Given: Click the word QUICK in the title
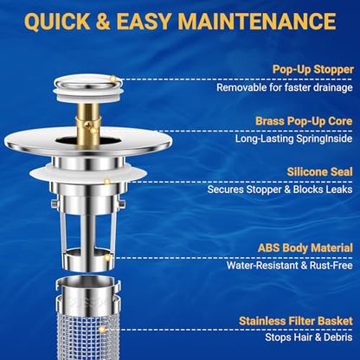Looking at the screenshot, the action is pyautogui.click(x=58, y=22).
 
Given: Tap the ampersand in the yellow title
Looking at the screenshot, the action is pyautogui.click(x=104, y=22).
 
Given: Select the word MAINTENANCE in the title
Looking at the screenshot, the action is pyautogui.click(x=257, y=22).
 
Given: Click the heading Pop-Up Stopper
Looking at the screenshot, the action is pyautogui.click(x=313, y=69).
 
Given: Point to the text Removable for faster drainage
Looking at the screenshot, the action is pyautogui.click(x=285, y=87).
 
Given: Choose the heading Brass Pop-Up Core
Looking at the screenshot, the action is pyautogui.click(x=304, y=121).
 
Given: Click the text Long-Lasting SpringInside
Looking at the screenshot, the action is pyautogui.click(x=293, y=138).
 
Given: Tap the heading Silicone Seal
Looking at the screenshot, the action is pyautogui.click(x=320, y=172).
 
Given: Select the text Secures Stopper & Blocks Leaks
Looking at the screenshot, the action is pyautogui.click(x=280, y=190).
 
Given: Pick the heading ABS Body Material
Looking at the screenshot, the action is pyautogui.click(x=305, y=247).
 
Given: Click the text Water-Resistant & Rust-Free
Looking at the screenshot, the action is pyautogui.click(x=290, y=266).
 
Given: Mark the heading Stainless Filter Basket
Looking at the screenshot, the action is pyautogui.click(x=296, y=321).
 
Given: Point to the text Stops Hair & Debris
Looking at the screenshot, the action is pyautogui.click(x=309, y=337).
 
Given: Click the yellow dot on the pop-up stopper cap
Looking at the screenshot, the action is pyautogui.click(x=113, y=79).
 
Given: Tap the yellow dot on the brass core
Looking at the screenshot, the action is pyautogui.click(x=93, y=131).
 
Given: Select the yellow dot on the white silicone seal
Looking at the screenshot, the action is pyautogui.click(x=107, y=182).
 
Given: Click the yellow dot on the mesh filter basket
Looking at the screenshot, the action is pyautogui.click(x=102, y=330).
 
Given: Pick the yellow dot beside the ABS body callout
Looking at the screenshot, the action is pyautogui.click(x=107, y=258).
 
